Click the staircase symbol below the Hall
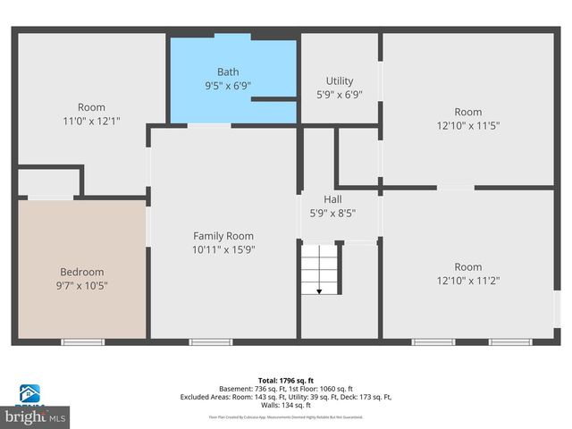(320, 270)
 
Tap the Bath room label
(228, 72)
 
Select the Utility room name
(339, 81)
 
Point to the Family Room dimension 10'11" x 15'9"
(224, 250)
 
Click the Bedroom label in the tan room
(82, 272)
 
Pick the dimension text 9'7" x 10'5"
(82, 286)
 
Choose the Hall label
(332, 199)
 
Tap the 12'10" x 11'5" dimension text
(467, 126)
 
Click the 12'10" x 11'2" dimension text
(467, 281)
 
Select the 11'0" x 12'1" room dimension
(91, 121)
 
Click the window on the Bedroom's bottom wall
(82, 341)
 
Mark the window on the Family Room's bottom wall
(211, 341)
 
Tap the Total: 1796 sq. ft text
(286, 379)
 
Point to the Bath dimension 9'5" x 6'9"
(228, 87)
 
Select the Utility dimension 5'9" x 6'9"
(339, 96)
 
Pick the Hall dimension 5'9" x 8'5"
(332, 214)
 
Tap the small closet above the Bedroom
(48, 181)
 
